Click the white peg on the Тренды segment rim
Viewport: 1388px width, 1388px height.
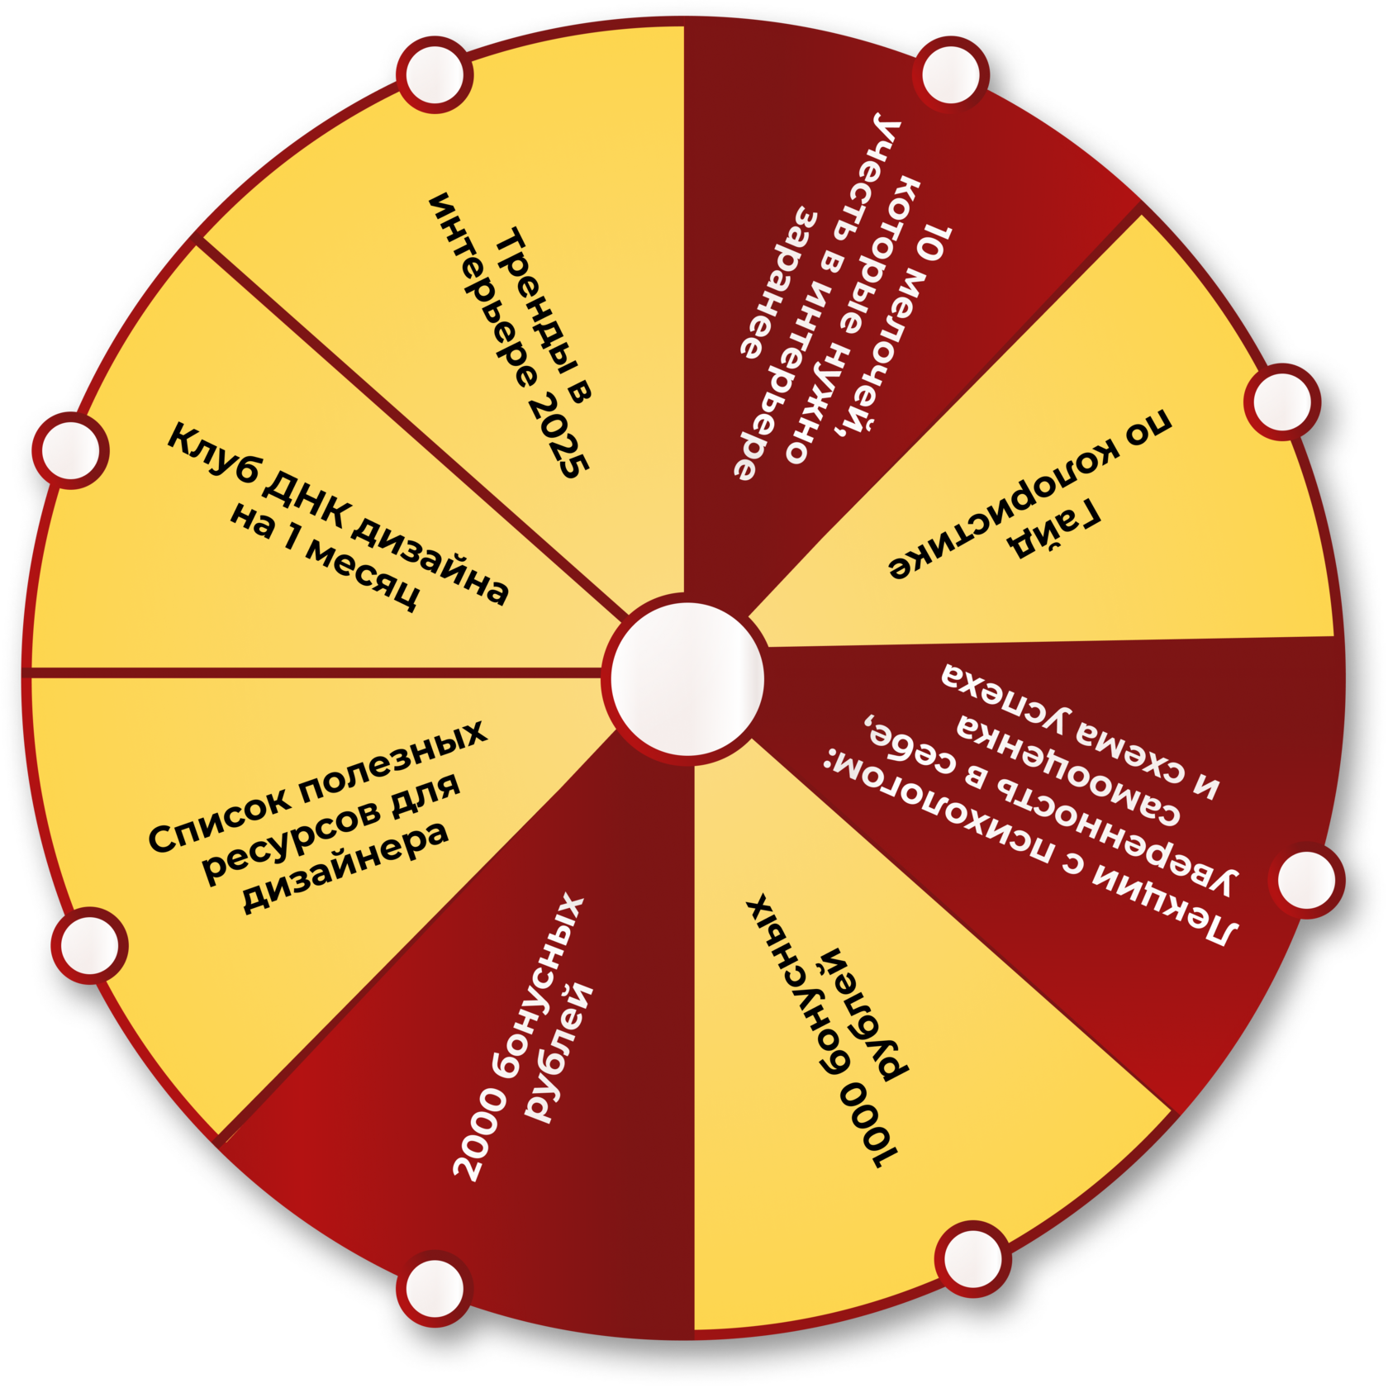coord(435,75)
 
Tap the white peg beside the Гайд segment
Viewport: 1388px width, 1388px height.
coord(1281,402)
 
